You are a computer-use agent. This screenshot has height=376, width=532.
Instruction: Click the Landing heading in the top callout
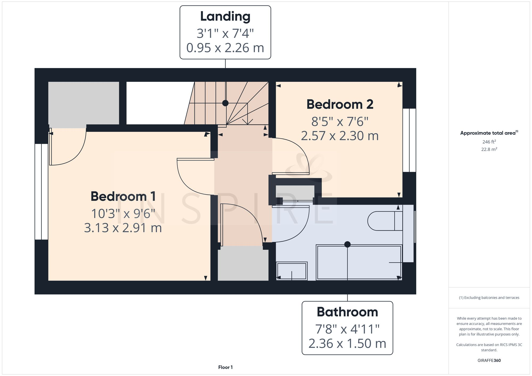coord(225,16)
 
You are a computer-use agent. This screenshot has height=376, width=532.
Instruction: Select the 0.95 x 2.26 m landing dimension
coord(225,48)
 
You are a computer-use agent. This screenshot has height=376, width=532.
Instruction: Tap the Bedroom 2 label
coord(340,104)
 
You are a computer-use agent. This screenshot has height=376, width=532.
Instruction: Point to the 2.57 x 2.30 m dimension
coord(340,136)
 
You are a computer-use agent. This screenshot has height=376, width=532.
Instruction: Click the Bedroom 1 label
coord(123,196)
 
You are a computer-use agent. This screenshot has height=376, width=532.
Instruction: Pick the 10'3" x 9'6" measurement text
coord(123,214)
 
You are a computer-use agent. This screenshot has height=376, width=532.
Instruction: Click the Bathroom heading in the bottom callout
coord(347,312)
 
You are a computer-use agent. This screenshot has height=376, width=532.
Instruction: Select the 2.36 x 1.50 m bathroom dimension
coord(347,344)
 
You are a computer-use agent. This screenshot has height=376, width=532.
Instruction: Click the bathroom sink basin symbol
coord(292,271)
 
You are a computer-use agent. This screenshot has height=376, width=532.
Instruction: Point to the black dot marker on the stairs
coord(225,103)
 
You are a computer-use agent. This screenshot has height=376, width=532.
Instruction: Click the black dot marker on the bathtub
coord(347,244)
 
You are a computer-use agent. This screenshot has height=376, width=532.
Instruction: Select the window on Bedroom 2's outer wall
coord(409,140)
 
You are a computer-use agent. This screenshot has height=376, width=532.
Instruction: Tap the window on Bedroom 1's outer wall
coord(41,192)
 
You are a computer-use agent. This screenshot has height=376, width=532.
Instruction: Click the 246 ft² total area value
coord(489,142)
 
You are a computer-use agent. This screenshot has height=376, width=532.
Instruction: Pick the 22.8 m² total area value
coord(489,149)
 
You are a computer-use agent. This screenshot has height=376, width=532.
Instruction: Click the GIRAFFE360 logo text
coord(489,360)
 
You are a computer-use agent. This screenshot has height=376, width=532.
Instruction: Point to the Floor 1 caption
coord(225,367)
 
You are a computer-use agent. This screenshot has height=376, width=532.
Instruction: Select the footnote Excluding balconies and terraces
coord(489,298)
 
